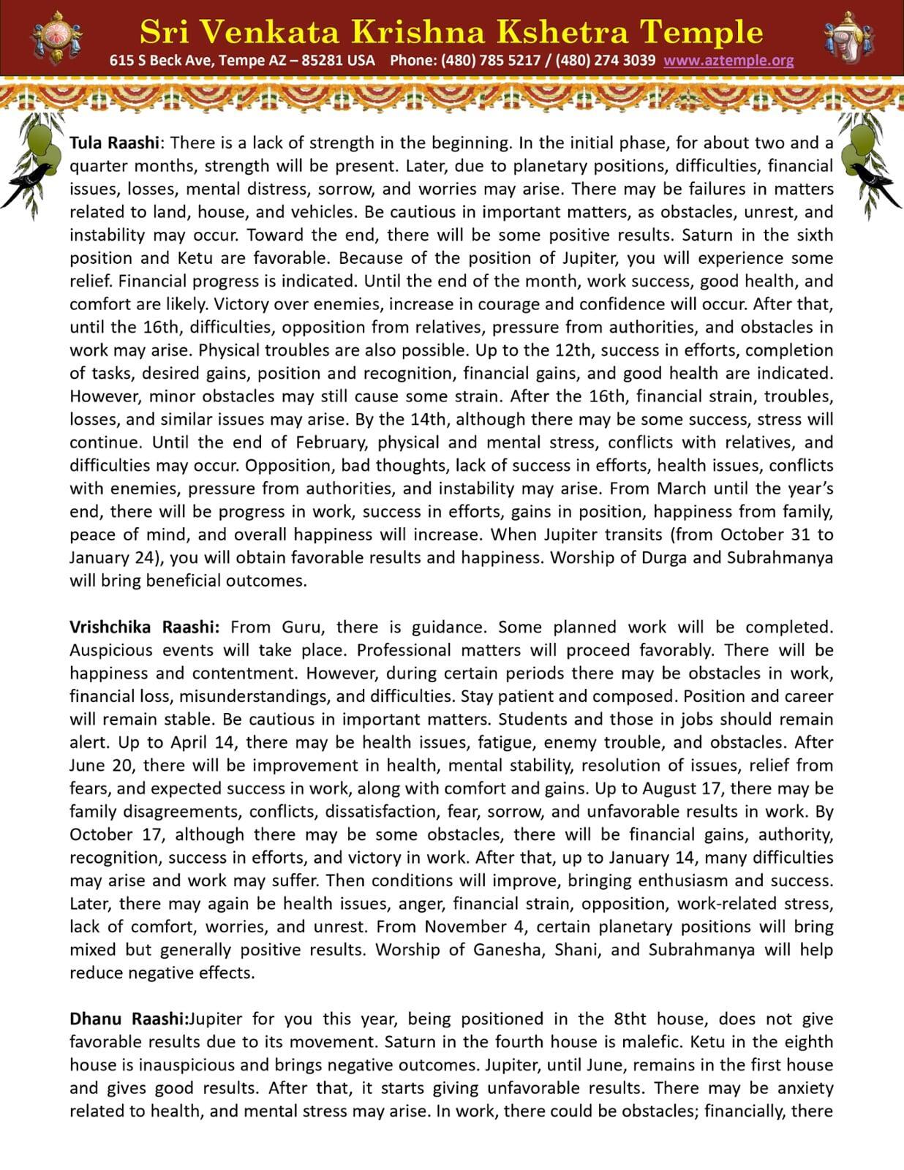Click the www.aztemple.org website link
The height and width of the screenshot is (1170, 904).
pyautogui.click(x=728, y=61)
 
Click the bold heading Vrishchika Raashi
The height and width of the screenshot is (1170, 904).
pyautogui.click(x=144, y=627)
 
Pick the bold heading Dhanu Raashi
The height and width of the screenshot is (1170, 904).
pyautogui.click(x=129, y=1019)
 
